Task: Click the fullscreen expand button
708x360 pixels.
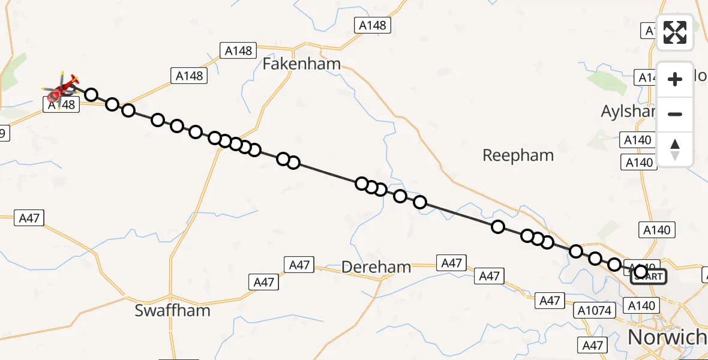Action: coord(675,32)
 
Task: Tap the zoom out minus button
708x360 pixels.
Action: coord(675,115)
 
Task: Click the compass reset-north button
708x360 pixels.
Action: coord(675,149)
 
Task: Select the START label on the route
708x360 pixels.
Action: coord(649,276)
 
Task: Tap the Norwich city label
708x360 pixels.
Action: coord(667,337)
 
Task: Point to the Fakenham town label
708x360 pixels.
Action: coord(302,64)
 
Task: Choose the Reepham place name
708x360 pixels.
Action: coord(518,155)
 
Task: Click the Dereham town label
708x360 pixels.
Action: coord(376,267)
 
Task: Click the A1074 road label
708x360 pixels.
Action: coord(595,310)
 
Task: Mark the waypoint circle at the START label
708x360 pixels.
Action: coord(640,272)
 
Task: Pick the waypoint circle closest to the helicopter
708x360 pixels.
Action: coord(91,95)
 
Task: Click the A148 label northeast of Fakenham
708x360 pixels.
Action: coord(373,26)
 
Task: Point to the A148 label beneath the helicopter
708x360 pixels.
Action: coord(60,104)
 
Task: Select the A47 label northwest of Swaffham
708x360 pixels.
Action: coord(29,218)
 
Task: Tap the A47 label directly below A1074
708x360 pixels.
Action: coord(594,344)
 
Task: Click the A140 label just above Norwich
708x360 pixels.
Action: coord(641,306)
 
